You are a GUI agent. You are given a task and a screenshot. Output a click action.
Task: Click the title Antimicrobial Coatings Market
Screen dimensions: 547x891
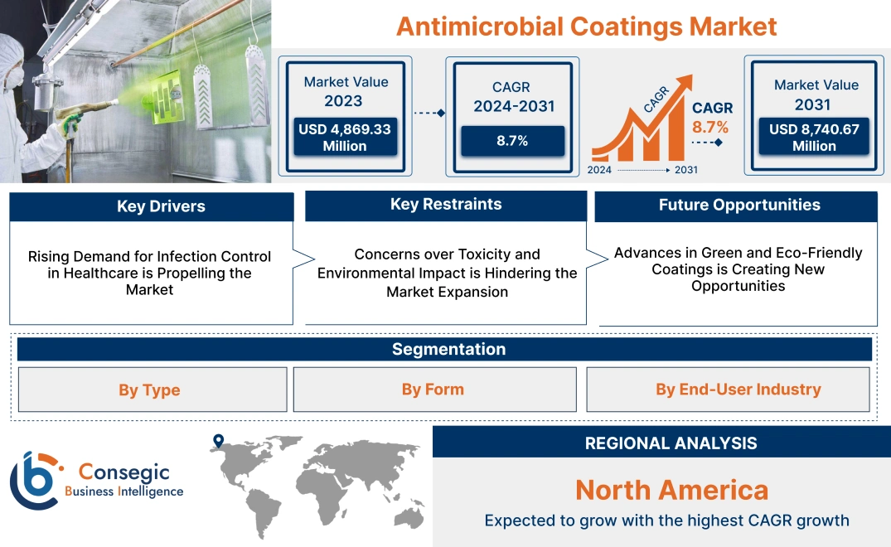586,26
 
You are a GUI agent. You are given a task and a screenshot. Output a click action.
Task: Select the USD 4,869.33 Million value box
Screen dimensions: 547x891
344,137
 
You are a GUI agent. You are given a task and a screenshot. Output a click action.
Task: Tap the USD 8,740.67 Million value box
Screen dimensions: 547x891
814,137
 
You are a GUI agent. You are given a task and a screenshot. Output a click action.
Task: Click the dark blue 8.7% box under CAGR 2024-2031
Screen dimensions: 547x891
512,141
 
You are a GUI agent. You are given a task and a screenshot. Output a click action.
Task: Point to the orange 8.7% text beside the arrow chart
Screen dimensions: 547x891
710,127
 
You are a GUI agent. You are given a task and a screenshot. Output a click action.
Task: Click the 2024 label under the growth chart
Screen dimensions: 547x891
600,170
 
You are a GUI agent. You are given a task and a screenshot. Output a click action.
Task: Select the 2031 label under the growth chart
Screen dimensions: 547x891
685,170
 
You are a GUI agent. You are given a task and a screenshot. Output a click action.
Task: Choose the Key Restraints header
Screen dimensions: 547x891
446,205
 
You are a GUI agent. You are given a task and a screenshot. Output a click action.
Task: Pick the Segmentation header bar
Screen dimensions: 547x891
448,349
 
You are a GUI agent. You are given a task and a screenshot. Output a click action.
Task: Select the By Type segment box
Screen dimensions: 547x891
149,390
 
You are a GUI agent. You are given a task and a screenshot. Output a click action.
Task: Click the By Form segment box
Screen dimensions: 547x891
433,390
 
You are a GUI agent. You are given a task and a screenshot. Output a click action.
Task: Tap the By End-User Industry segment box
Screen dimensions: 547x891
738,390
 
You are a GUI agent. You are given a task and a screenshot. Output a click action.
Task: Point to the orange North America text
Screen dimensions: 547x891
671,490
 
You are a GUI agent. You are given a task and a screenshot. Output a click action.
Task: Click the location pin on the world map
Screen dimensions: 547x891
218,441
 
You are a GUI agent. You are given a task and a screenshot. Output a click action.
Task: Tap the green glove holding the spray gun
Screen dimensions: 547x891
70,124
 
